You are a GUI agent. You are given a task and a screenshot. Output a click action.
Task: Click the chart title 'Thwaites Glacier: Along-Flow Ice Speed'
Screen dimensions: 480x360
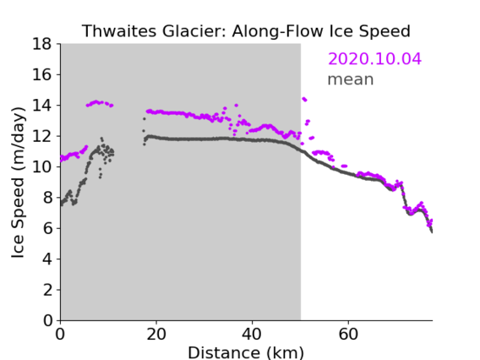246,31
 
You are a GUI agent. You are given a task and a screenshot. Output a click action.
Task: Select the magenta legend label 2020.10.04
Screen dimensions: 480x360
374,59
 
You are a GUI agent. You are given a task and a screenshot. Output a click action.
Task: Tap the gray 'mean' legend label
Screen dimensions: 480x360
351,79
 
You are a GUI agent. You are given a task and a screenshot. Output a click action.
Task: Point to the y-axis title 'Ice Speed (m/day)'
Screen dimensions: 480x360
18,183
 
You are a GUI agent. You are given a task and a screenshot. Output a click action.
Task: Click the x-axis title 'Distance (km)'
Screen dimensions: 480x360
246,352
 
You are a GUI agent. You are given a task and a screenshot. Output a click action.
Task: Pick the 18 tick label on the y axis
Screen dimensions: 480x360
42,44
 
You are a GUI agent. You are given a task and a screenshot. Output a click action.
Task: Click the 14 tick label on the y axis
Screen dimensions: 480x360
42,106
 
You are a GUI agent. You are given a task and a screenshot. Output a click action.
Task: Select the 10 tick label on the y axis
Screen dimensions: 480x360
42,166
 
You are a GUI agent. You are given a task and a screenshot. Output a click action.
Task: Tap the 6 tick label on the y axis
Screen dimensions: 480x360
47,228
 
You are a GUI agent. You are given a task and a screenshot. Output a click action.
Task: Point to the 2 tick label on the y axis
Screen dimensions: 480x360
47,290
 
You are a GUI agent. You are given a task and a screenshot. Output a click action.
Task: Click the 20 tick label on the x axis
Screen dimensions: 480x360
156,335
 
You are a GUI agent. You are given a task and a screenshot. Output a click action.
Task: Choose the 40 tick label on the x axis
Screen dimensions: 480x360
252,335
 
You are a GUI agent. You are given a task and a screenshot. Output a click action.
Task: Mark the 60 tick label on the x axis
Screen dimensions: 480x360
348,335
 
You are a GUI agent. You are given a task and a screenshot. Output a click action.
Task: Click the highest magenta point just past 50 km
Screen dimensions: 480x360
303,99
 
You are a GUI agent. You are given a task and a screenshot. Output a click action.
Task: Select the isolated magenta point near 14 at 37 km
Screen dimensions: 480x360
236,106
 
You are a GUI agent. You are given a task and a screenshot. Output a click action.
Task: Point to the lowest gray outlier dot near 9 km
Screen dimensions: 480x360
100,177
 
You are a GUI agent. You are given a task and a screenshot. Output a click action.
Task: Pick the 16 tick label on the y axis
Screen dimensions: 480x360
42,74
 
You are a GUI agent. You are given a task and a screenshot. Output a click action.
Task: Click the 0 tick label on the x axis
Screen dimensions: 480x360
60,335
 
